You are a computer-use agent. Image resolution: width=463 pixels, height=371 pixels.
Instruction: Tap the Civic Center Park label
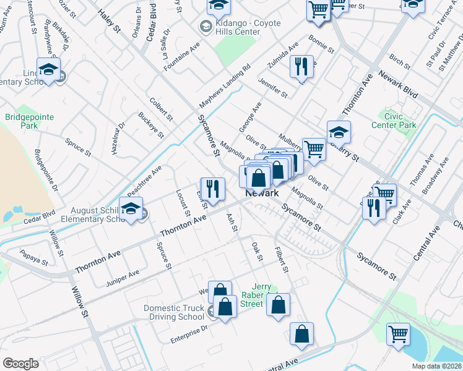[400, 120]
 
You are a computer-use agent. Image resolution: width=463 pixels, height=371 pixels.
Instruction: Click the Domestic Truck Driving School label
[174, 312]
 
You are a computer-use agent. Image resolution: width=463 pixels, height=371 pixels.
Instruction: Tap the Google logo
[20, 364]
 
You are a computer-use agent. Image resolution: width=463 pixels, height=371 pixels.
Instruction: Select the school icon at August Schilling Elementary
[131, 210]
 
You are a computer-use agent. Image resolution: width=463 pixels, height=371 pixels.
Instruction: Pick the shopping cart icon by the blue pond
[399, 334]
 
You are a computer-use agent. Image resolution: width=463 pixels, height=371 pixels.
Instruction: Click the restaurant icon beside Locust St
[212, 189]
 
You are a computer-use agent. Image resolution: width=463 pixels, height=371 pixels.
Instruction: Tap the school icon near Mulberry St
[339, 132]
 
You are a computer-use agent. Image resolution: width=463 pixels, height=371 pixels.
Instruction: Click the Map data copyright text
[436, 365]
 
